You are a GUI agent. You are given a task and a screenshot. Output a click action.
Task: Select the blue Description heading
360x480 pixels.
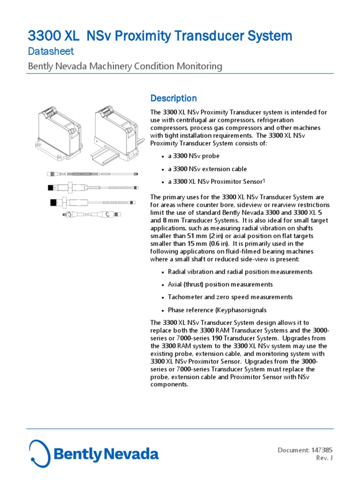point(173,98)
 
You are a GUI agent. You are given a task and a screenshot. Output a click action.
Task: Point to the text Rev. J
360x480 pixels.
point(324,458)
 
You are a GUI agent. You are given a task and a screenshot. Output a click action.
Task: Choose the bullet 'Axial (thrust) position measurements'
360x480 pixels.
point(220,285)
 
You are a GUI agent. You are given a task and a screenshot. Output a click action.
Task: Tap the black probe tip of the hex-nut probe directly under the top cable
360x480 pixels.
point(51,187)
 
